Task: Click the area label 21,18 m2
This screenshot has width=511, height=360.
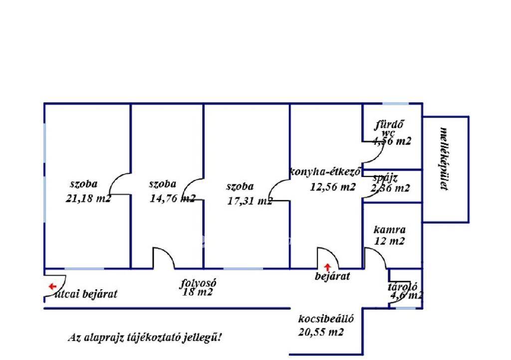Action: point(88,198)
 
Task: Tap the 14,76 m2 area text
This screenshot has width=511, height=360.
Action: point(173,198)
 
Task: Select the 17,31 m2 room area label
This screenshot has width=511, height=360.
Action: point(249,201)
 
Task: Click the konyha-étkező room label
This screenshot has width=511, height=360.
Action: point(325,173)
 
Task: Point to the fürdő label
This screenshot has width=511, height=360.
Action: point(389,125)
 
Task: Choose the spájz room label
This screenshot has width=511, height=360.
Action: point(385,178)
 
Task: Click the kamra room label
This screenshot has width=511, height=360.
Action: point(389,230)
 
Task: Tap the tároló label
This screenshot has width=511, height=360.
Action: point(402,287)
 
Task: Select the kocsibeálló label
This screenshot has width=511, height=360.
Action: point(326,319)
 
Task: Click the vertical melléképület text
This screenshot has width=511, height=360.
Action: point(443,159)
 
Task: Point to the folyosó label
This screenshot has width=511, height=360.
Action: point(198,283)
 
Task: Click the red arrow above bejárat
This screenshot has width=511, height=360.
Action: point(327,267)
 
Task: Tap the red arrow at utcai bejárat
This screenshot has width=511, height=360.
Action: point(52,286)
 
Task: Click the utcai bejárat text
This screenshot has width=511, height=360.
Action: point(88,294)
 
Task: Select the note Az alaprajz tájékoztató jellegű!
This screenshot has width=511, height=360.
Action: point(145,338)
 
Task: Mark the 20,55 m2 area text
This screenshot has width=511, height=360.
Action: point(321,333)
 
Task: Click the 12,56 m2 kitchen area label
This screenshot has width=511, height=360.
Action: point(332,187)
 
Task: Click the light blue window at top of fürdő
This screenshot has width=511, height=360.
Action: point(395,104)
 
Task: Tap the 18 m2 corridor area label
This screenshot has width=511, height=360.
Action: point(198,293)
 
